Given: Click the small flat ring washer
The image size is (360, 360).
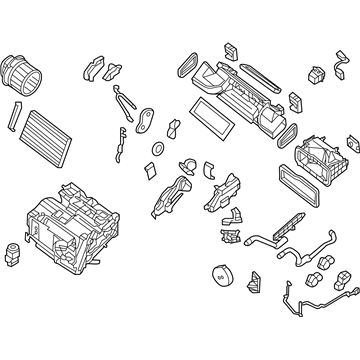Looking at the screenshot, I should (x=157, y=149).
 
